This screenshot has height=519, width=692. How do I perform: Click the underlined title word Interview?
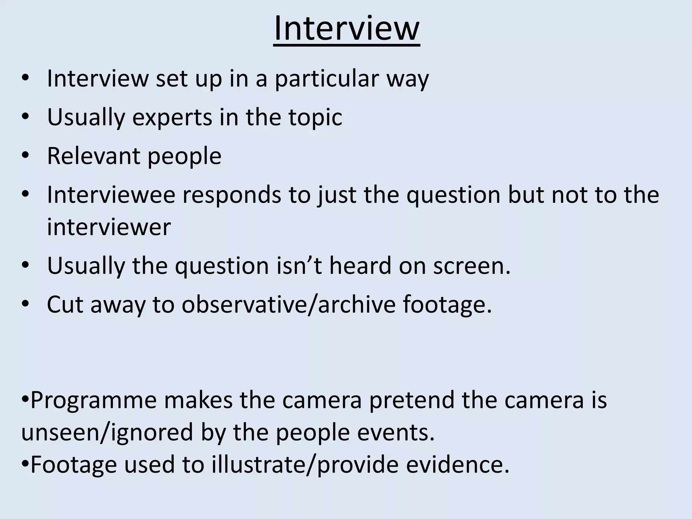pyautogui.click(x=347, y=29)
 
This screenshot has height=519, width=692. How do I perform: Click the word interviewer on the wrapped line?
pyautogui.click(x=109, y=227)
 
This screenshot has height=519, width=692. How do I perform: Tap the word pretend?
pyautogui.click(x=412, y=400)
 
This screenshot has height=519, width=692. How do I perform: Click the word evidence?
pyautogui.click(x=458, y=465)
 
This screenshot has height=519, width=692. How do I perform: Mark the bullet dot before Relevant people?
pyautogui.click(x=25, y=156)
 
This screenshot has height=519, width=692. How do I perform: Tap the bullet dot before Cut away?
pyautogui.click(x=25, y=304)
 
